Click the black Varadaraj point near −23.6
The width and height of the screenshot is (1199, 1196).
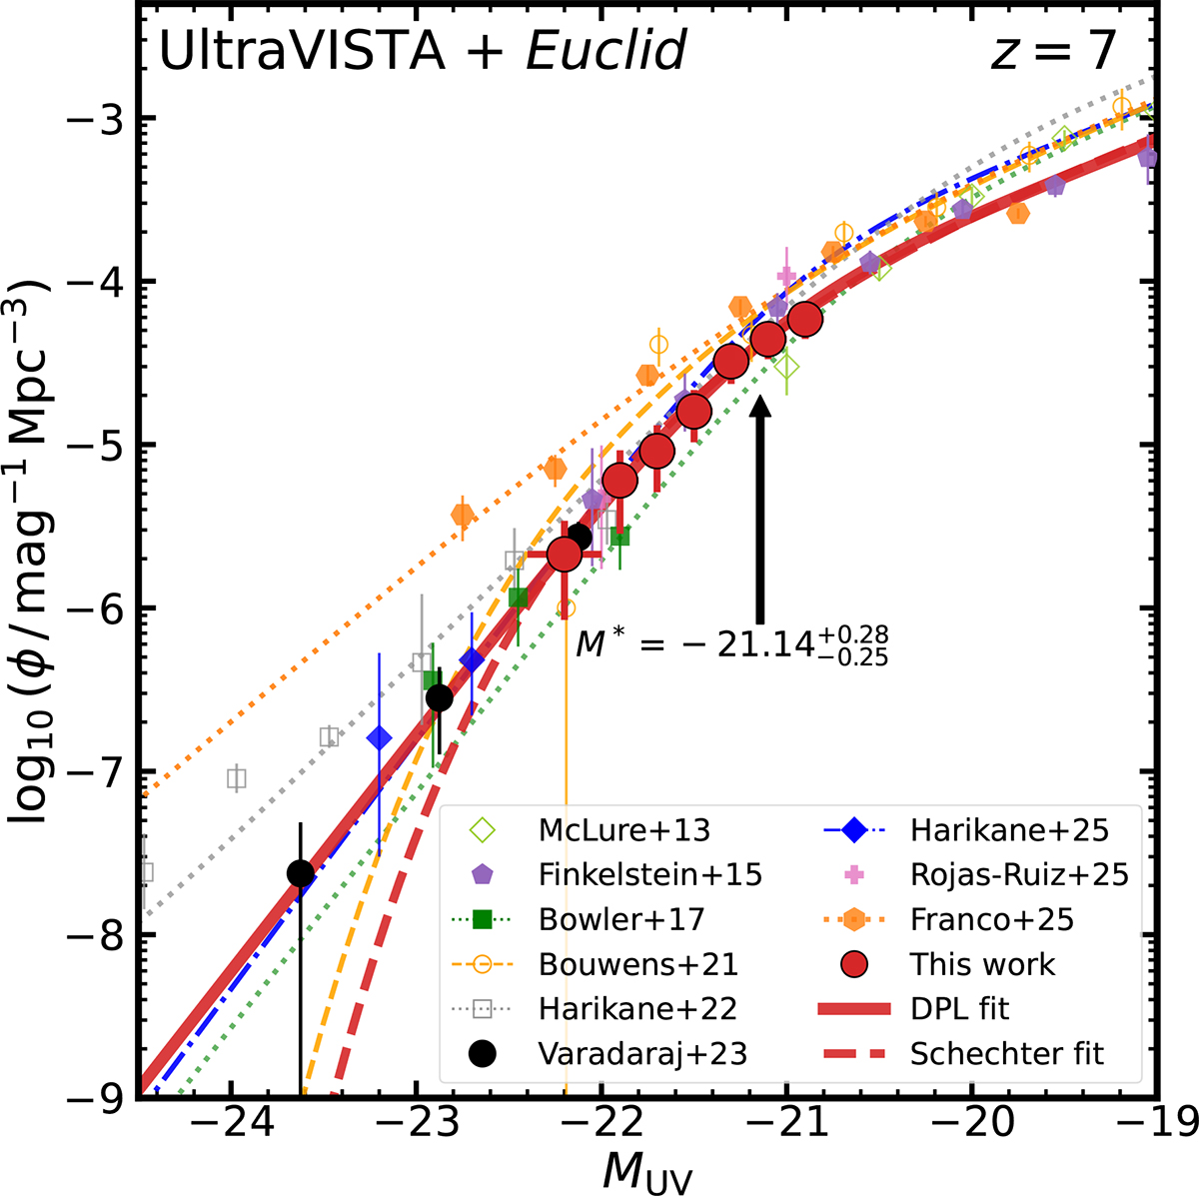click(300, 874)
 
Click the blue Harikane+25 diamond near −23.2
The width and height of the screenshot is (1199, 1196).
click(379, 738)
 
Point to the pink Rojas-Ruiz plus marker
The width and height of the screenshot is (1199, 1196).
click(786, 276)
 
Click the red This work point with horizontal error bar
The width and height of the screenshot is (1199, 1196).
click(565, 555)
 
